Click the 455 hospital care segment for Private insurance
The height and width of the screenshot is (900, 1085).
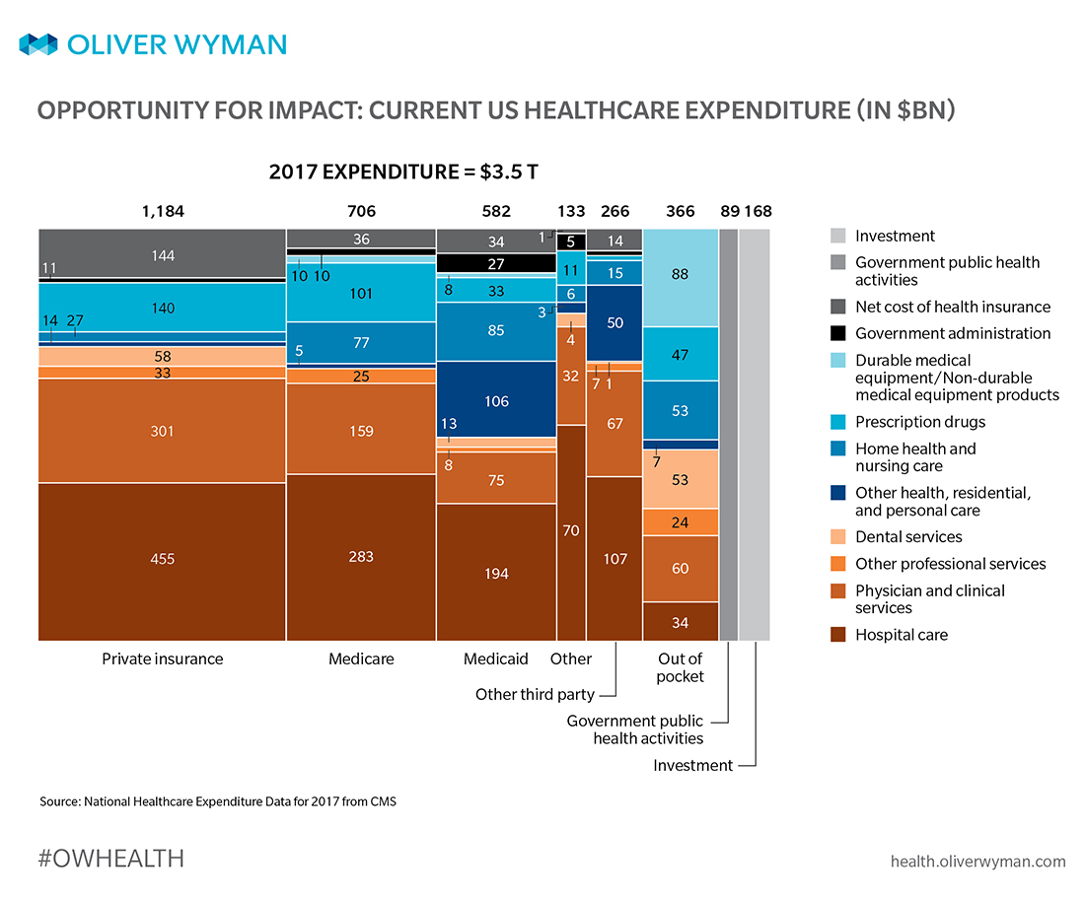[x=163, y=560]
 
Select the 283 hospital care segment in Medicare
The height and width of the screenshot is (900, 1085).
[x=361, y=557]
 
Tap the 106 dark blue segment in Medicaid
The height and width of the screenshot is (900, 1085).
[x=496, y=400]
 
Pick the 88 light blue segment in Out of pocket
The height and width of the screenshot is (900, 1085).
[x=680, y=276]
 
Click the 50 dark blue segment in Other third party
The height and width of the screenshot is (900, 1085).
[x=615, y=323]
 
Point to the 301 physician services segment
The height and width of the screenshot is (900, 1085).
[x=163, y=431]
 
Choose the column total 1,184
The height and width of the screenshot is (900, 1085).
[x=163, y=211]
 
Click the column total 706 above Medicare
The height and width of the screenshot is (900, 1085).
[x=361, y=211]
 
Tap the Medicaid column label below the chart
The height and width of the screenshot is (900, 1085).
[x=496, y=658]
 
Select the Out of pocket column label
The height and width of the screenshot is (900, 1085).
[x=680, y=667]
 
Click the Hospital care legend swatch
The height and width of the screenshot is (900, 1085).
[x=838, y=635]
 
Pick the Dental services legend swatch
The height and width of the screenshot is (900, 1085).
[x=838, y=537]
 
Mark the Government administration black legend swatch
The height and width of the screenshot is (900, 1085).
[x=838, y=333]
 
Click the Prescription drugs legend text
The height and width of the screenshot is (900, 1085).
[x=919, y=422]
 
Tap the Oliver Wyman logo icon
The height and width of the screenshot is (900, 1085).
[x=38, y=44]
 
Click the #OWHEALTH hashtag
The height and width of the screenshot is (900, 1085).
[x=110, y=859]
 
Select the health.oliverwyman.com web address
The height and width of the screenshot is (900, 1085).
[x=977, y=861]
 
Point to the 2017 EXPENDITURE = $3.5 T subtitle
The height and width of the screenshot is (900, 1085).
[x=403, y=171]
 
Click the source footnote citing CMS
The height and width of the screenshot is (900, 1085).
[x=217, y=801]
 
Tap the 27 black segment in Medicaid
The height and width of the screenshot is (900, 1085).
[x=496, y=263]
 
